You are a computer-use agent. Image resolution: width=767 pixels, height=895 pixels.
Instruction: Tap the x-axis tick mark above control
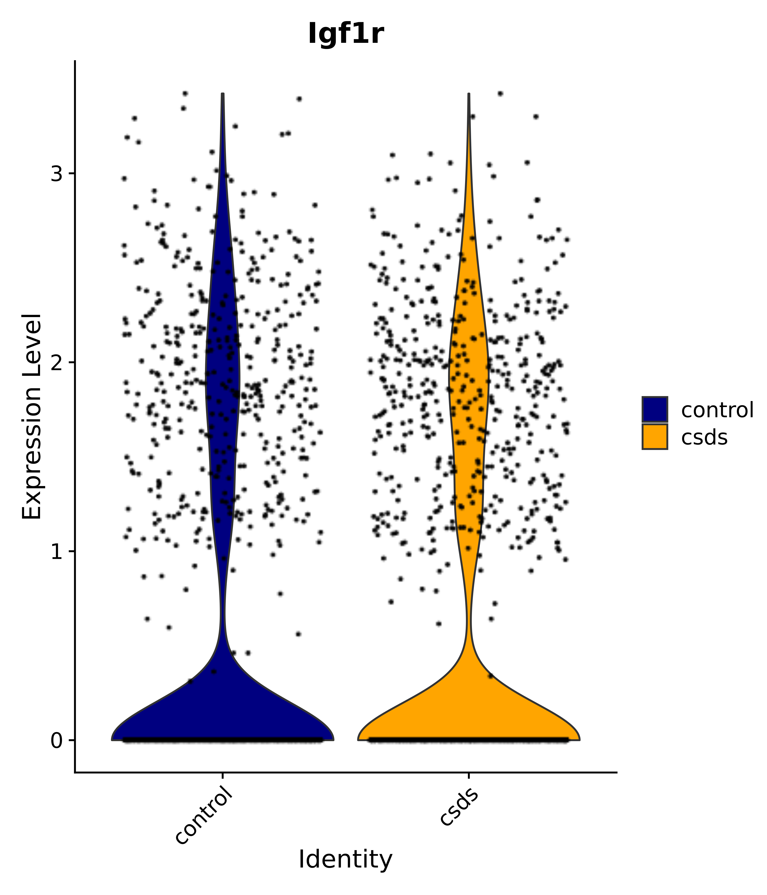pos(222,776)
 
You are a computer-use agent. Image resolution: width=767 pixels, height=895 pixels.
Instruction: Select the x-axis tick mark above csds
pos(469,776)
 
